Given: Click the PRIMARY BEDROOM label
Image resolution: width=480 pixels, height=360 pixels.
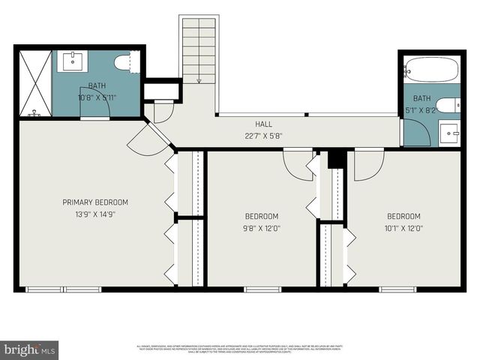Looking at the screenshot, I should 95,202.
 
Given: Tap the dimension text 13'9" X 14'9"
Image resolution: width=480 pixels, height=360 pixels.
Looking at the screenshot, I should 95,214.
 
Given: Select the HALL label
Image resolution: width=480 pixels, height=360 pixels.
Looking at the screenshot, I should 263,124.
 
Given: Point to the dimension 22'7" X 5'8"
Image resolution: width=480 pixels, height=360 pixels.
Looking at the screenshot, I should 263,136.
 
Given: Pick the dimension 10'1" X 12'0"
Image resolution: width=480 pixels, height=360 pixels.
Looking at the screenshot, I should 403,229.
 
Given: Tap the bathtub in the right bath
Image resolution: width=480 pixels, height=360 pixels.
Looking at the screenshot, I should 431,70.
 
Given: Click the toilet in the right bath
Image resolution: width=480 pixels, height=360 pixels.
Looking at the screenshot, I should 447,106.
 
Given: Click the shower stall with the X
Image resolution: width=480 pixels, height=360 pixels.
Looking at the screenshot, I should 34,82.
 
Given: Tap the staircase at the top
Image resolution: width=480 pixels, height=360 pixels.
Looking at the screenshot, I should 199,49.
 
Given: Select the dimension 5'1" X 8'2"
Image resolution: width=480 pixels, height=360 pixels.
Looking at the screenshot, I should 421,109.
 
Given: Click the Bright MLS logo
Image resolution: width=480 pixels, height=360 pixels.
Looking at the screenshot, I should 30,349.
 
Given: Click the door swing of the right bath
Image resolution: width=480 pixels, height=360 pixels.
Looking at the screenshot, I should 417,133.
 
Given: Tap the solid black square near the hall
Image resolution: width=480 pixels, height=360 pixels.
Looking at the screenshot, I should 336,160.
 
